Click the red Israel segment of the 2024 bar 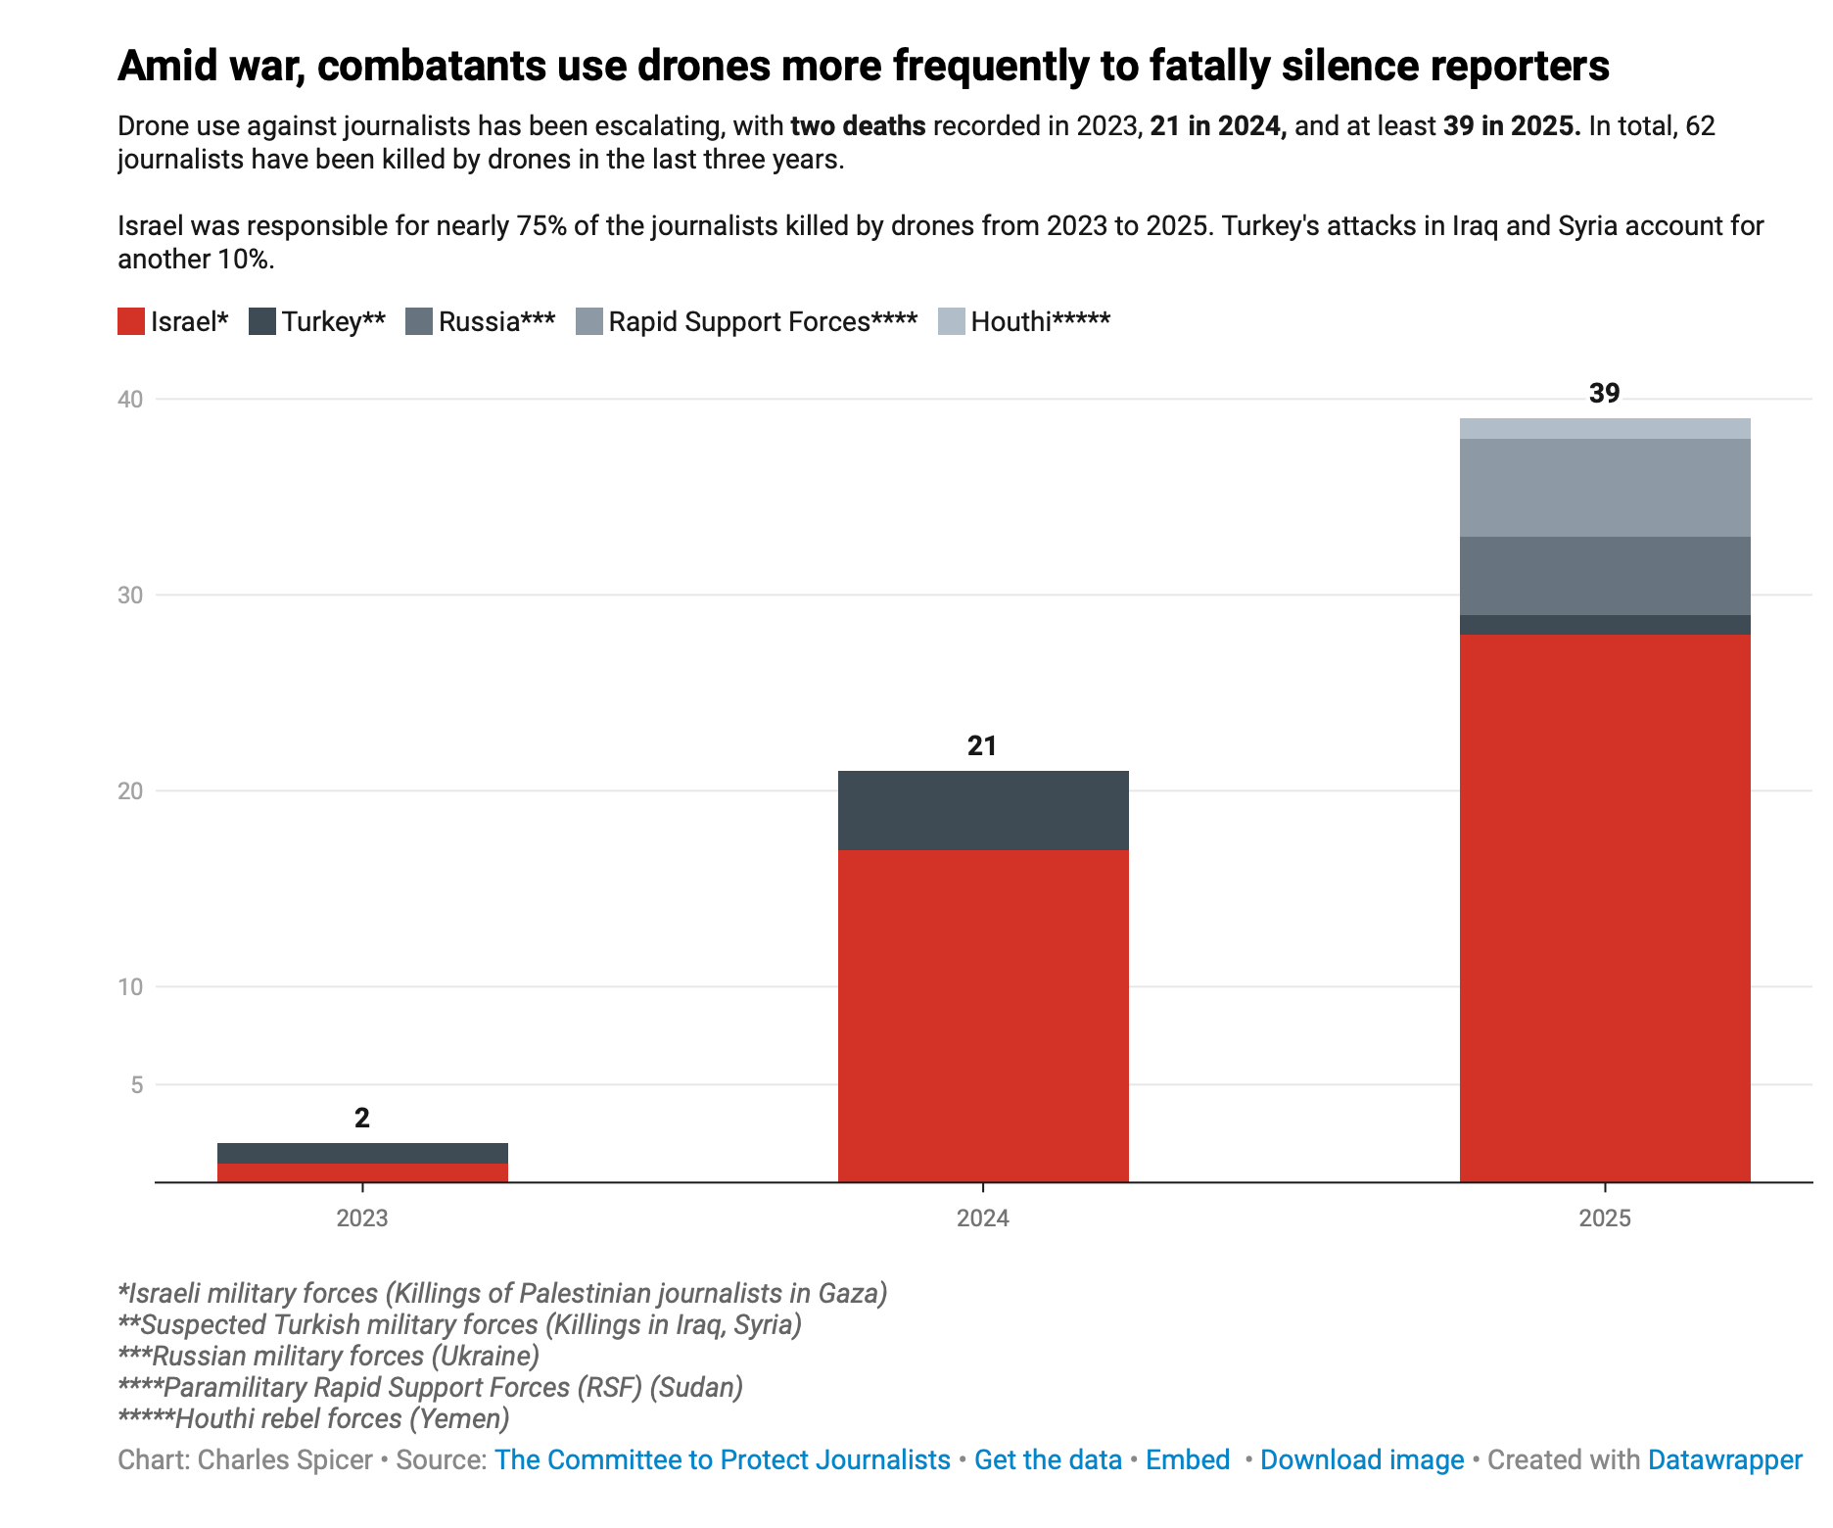(983, 1016)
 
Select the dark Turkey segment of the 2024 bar (983, 810)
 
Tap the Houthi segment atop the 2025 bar (1605, 429)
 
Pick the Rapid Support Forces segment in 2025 (1605, 488)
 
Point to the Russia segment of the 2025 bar (1605, 576)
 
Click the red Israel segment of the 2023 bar (362, 1172)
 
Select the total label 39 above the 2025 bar (1604, 394)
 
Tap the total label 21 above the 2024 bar (982, 746)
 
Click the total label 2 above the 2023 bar (362, 1119)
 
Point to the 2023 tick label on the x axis (362, 1218)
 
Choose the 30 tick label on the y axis (130, 596)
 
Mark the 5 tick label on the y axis (136, 1085)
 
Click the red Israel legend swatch (131, 321)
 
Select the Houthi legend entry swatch (952, 321)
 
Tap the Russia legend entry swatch (419, 321)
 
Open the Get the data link (1048, 1459)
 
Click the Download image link (1362, 1459)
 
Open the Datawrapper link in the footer (1724, 1459)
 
